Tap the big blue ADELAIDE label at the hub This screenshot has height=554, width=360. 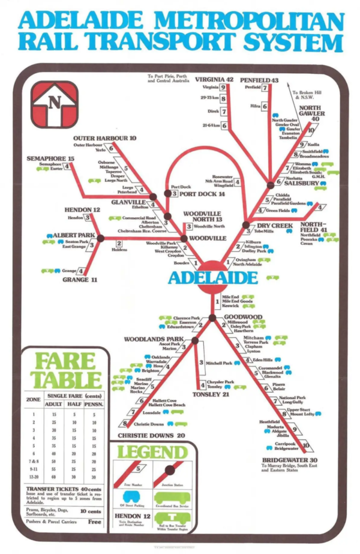[x=213, y=278]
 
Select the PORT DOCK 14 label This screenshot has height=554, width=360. [x=204, y=194]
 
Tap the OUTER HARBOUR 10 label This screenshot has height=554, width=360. [x=105, y=138]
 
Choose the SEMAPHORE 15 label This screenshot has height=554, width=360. [x=50, y=158]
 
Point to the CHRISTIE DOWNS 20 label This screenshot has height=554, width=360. [x=151, y=435]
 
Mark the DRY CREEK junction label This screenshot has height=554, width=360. [x=274, y=226]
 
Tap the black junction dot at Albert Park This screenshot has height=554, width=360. [x=100, y=238]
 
